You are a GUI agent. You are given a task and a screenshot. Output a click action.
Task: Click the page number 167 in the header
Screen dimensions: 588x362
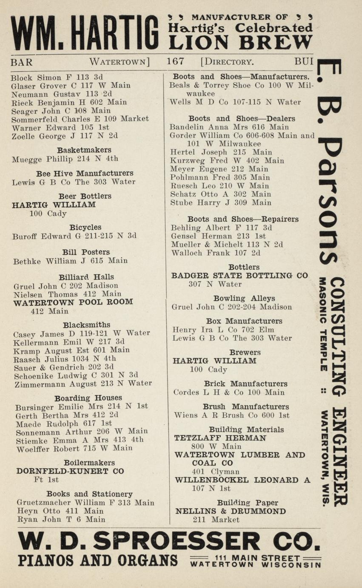(x=175, y=61)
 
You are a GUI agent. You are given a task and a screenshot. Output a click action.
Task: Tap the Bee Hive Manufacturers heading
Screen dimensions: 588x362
(x=84, y=173)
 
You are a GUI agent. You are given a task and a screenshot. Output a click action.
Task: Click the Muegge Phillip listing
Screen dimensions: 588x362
(x=65, y=159)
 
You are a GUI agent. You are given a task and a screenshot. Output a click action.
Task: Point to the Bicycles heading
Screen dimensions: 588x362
(x=85, y=227)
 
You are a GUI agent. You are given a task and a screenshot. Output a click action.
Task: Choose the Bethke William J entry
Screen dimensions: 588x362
(x=70, y=261)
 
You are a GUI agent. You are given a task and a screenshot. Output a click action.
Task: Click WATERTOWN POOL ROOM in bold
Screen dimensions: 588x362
(x=73, y=302)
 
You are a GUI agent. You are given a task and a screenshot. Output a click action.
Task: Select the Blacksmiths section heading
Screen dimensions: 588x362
(x=86, y=325)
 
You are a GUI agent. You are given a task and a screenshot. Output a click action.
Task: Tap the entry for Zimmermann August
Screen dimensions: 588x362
(x=83, y=383)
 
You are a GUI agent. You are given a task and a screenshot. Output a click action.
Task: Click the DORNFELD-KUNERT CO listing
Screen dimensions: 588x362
(x=70, y=471)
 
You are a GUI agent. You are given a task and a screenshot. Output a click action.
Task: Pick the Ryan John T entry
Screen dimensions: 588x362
(x=61, y=519)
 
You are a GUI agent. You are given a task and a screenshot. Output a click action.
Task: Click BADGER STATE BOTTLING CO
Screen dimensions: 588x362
(x=239, y=276)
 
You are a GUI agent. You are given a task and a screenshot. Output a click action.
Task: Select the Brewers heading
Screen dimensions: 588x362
(x=245, y=352)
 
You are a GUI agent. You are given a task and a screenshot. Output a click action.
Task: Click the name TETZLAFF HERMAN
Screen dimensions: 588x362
(x=220, y=438)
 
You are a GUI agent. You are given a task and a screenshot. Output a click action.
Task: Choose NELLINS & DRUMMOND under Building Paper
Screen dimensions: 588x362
(x=230, y=511)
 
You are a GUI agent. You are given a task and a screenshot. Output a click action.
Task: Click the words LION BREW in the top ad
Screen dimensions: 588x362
(x=240, y=42)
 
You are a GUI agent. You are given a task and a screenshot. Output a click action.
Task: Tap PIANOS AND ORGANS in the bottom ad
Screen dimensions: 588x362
(x=98, y=560)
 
